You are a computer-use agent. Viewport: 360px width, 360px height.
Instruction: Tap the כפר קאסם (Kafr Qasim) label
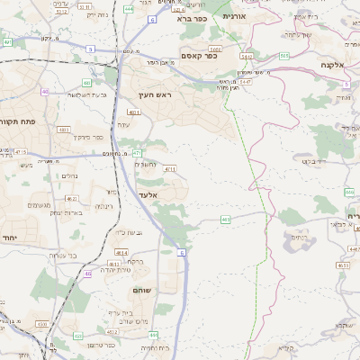196,56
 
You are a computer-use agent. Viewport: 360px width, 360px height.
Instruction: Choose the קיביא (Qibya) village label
287,346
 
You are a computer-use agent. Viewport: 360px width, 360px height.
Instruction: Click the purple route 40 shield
46,92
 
